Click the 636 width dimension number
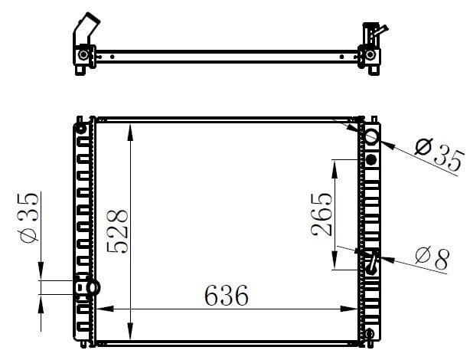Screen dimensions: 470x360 coord(227,295)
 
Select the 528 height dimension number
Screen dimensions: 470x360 coord(117,231)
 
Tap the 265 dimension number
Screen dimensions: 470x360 coord(321,214)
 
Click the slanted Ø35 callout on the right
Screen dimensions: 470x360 coord(439,154)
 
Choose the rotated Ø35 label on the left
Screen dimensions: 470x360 coord(29,217)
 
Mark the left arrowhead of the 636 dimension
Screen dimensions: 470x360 coord(105,309)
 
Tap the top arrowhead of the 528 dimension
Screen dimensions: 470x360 coord(130,132)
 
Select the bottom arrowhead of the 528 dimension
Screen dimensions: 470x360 coord(130,331)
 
